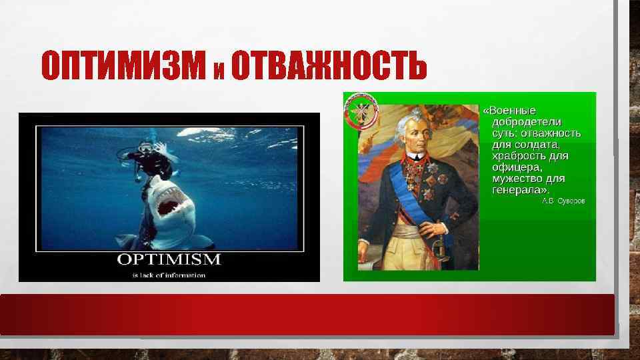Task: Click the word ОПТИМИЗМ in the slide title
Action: click(x=123, y=65)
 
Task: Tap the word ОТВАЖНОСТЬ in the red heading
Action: click(x=328, y=65)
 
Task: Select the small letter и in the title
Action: click(x=219, y=69)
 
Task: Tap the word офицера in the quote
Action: click(x=515, y=167)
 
